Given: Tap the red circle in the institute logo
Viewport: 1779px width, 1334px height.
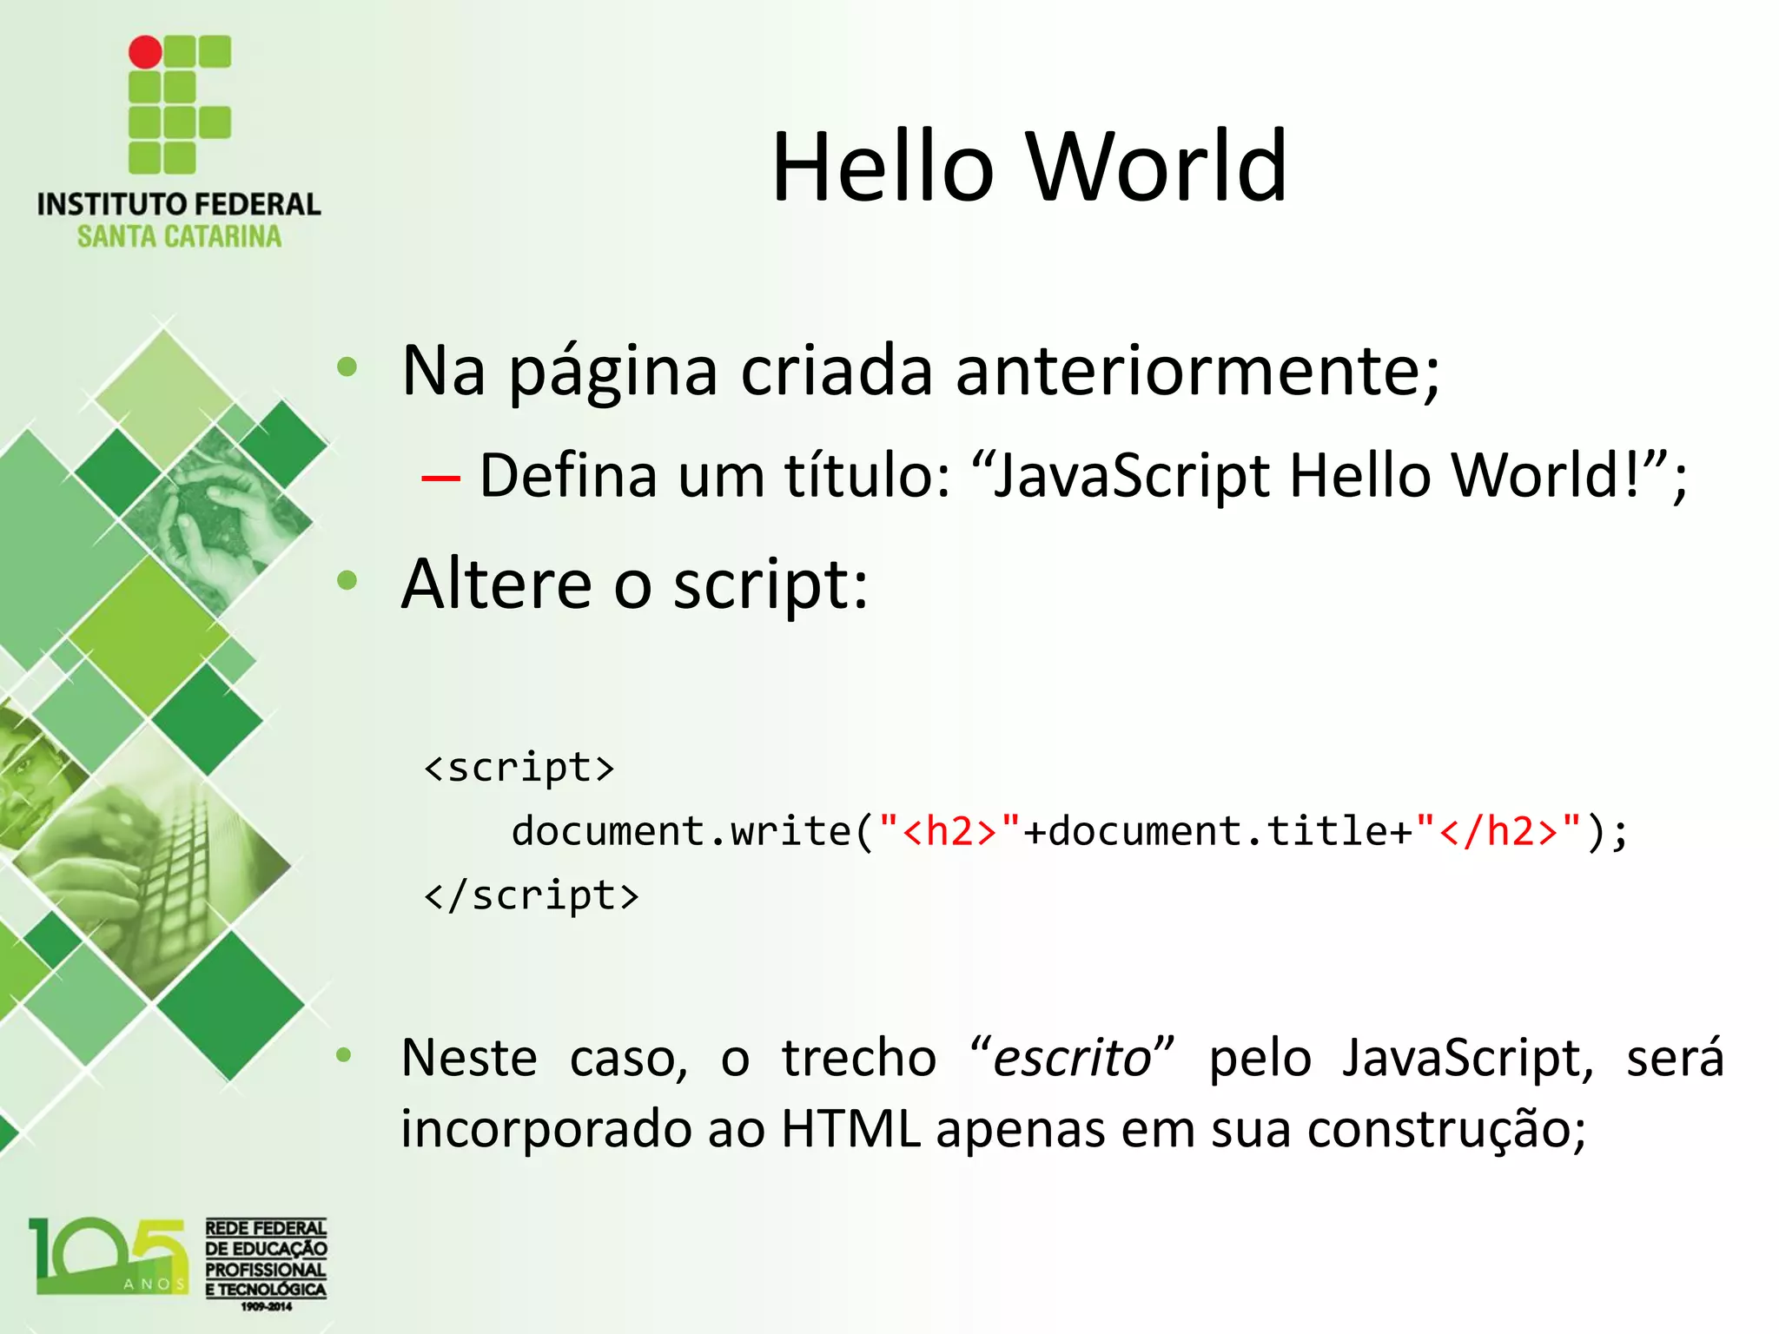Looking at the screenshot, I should point(145,52).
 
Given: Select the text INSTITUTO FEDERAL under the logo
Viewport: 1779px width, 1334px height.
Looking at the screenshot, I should point(179,205).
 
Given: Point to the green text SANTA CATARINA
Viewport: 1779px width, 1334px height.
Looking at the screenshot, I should point(179,236).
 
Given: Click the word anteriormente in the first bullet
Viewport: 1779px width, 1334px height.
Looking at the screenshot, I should point(1197,370).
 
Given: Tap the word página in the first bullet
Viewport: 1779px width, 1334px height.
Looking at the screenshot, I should point(612,372).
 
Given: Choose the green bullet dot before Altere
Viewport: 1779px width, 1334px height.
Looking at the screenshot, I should point(347,580).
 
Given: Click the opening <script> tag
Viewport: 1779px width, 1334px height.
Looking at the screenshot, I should point(519,767).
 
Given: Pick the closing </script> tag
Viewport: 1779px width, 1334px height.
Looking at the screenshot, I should point(531,895).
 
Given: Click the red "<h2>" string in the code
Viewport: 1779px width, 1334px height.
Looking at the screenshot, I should point(949,831).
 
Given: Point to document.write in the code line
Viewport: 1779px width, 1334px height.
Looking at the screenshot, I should point(680,831).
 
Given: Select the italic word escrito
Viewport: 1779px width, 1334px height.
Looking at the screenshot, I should point(1072,1058).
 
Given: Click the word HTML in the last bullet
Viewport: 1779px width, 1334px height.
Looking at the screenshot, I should point(850,1129).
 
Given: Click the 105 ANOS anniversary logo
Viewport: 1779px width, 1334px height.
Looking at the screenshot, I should point(109,1257).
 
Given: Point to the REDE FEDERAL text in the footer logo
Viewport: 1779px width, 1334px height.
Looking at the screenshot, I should point(266,1228).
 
